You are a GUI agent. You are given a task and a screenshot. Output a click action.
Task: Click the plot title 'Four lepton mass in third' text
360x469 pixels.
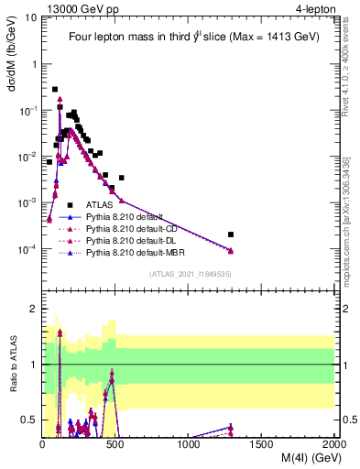pyautogui.click(x=138, y=38)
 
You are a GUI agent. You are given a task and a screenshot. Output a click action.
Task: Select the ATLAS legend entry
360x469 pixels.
pyautogui.click(x=99, y=204)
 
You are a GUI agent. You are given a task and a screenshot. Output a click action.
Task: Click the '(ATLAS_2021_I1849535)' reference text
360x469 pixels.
pyautogui.click(x=190, y=273)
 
